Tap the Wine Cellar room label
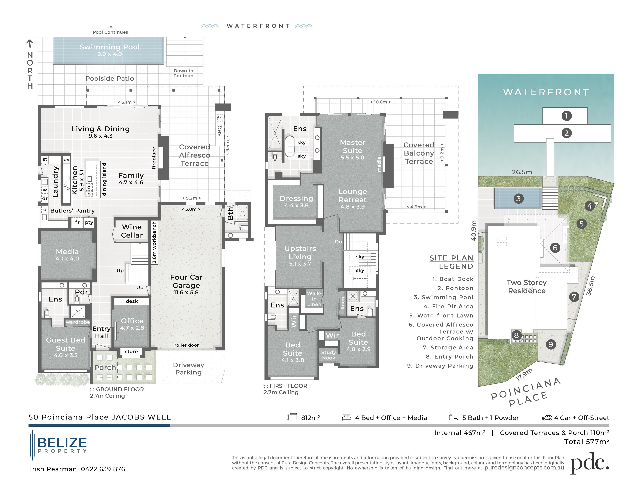coord(132,231)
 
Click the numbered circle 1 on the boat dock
coord(566,116)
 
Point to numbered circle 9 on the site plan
coord(551,345)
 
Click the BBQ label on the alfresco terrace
coord(220,131)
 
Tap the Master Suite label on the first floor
coord(352,146)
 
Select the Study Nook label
coord(328,355)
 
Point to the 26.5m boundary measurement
coord(522,172)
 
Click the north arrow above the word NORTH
coord(30,44)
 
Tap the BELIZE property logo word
coord(62,443)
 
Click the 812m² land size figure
coord(310,418)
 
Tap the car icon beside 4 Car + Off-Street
coord(547,418)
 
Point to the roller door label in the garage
coord(186,345)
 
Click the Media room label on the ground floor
coord(67,252)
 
